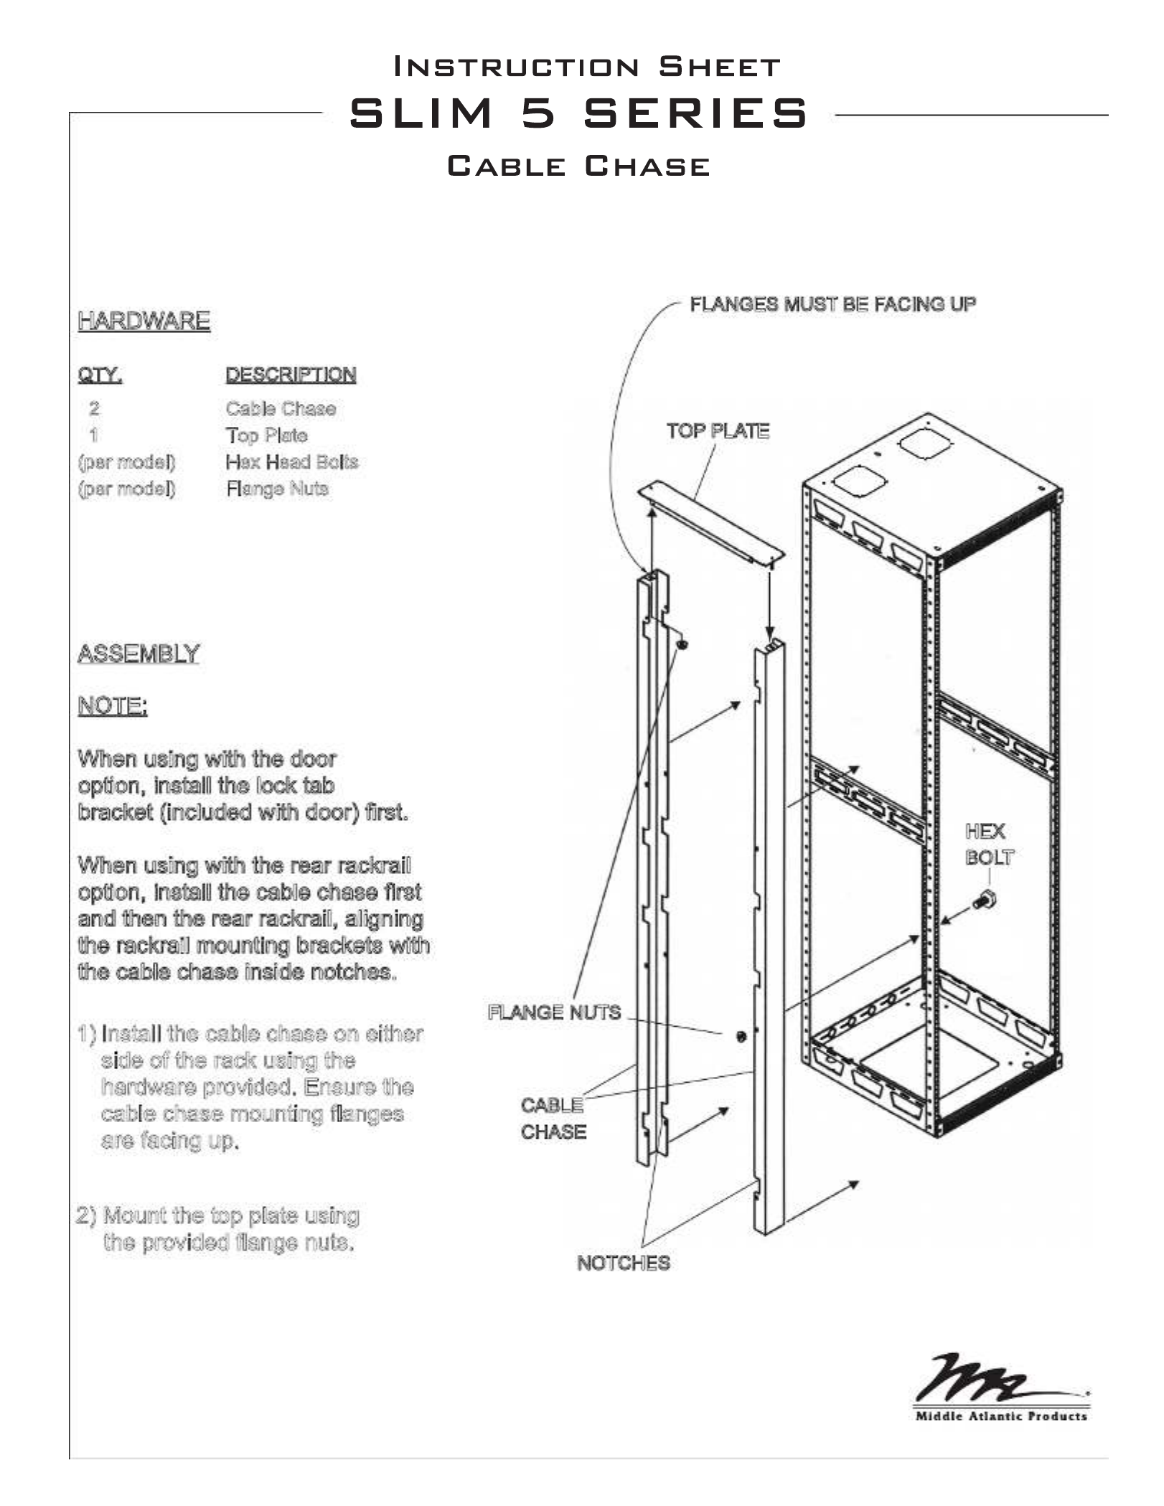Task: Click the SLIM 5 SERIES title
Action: pyautogui.click(x=578, y=113)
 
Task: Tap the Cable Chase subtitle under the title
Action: pyautogui.click(x=578, y=166)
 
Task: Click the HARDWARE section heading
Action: pyautogui.click(x=144, y=321)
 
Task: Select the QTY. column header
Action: pyautogui.click(x=100, y=375)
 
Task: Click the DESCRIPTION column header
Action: pyautogui.click(x=291, y=375)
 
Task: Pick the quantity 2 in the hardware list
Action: pyautogui.click(x=94, y=409)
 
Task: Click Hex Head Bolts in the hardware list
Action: pyautogui.click(x=291, y=462)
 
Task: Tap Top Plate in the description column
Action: pyautogui.click(x=266, y=436)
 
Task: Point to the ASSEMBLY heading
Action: pyautogui.click(x=138, y=654)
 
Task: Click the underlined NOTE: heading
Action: pyautogui.click(x=113, y=707)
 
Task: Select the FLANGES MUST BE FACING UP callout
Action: pyautogui.click(x=832, y=304)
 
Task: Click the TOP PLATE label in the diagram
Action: pyautogui.click(x=718, y=431)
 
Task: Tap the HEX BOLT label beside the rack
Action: pyautogui.click(x=989, y=844)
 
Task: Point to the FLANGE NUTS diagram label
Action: pyautogui.click(x=554, y=1012)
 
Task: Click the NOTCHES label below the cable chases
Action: pyautogui.click(x=623, y=1263)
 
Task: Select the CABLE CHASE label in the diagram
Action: pyautogui.click(x=553, y=1119)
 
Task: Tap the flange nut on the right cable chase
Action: pyautogui.click(x=741, y=1036)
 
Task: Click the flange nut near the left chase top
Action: pyautogui.click(x=682, y=644)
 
